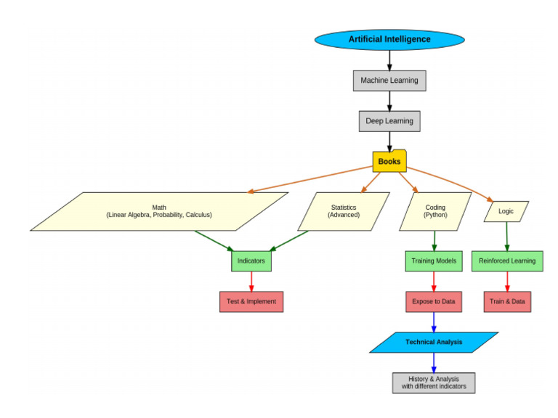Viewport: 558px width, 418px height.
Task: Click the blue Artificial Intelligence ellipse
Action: [x=389, y=39]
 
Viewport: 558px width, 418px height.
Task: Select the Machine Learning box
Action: [x=389, y=81]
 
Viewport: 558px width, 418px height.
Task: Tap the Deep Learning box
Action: [x=389, y=121]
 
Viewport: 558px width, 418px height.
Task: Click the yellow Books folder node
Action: [x=389, y=161]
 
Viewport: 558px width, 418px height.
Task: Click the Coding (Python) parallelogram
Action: [x=434, y=211]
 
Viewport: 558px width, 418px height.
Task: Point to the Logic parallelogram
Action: [x=506, y=211]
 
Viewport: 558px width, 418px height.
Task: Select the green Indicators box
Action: [x=251, y=261]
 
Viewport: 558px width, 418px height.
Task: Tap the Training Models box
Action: [x=434, y=261]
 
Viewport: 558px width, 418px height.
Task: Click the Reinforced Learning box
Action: [x=506, y=261]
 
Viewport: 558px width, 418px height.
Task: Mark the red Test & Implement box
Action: [x=251, y=301]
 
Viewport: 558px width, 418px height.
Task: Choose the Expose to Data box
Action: [x=434, y=301]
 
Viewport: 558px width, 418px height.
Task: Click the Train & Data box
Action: [x=506, y=301]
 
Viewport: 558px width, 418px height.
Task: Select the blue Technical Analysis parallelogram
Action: [x=434, y=342]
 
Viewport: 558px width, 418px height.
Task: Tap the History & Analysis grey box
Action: [x=434, y=382]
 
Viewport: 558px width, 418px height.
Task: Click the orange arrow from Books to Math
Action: [x=312, y=179]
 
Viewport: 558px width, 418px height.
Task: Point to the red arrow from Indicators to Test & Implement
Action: [x=251, y=281]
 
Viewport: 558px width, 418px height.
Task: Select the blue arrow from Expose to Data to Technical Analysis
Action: [x=434, y=321]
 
